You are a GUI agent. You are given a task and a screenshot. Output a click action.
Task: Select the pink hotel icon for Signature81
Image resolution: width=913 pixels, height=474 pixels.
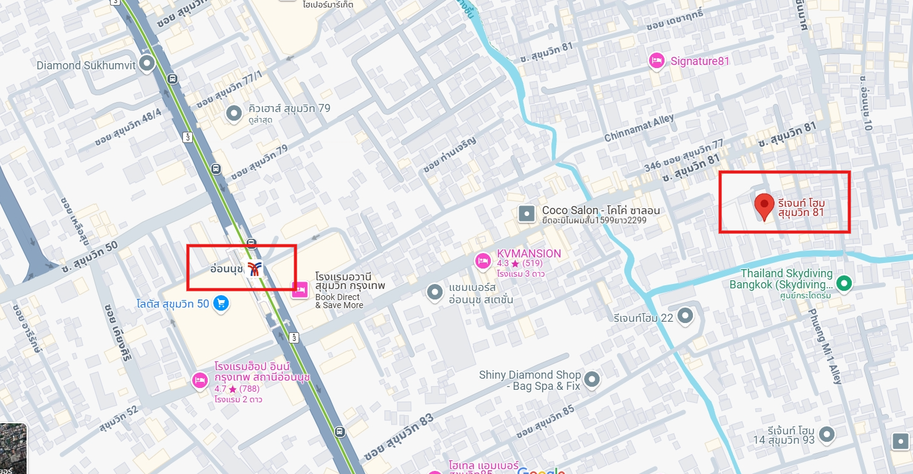(656, 61)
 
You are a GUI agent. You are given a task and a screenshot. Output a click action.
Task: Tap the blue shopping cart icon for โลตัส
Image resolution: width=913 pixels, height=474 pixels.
(221, 303)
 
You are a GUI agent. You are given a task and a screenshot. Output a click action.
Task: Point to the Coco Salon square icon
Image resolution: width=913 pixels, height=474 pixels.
(527, 214)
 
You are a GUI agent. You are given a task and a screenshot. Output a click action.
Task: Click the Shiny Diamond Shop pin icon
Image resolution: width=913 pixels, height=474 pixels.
(592, 379)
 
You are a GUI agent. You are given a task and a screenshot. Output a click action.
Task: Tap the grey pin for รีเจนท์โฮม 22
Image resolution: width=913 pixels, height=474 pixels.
(685, 316)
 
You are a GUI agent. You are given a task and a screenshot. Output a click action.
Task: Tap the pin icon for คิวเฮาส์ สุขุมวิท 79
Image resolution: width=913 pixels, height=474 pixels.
(234, 113)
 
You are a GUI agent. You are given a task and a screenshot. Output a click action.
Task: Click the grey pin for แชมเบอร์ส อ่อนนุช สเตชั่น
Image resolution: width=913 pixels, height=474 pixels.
(435, 291)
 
